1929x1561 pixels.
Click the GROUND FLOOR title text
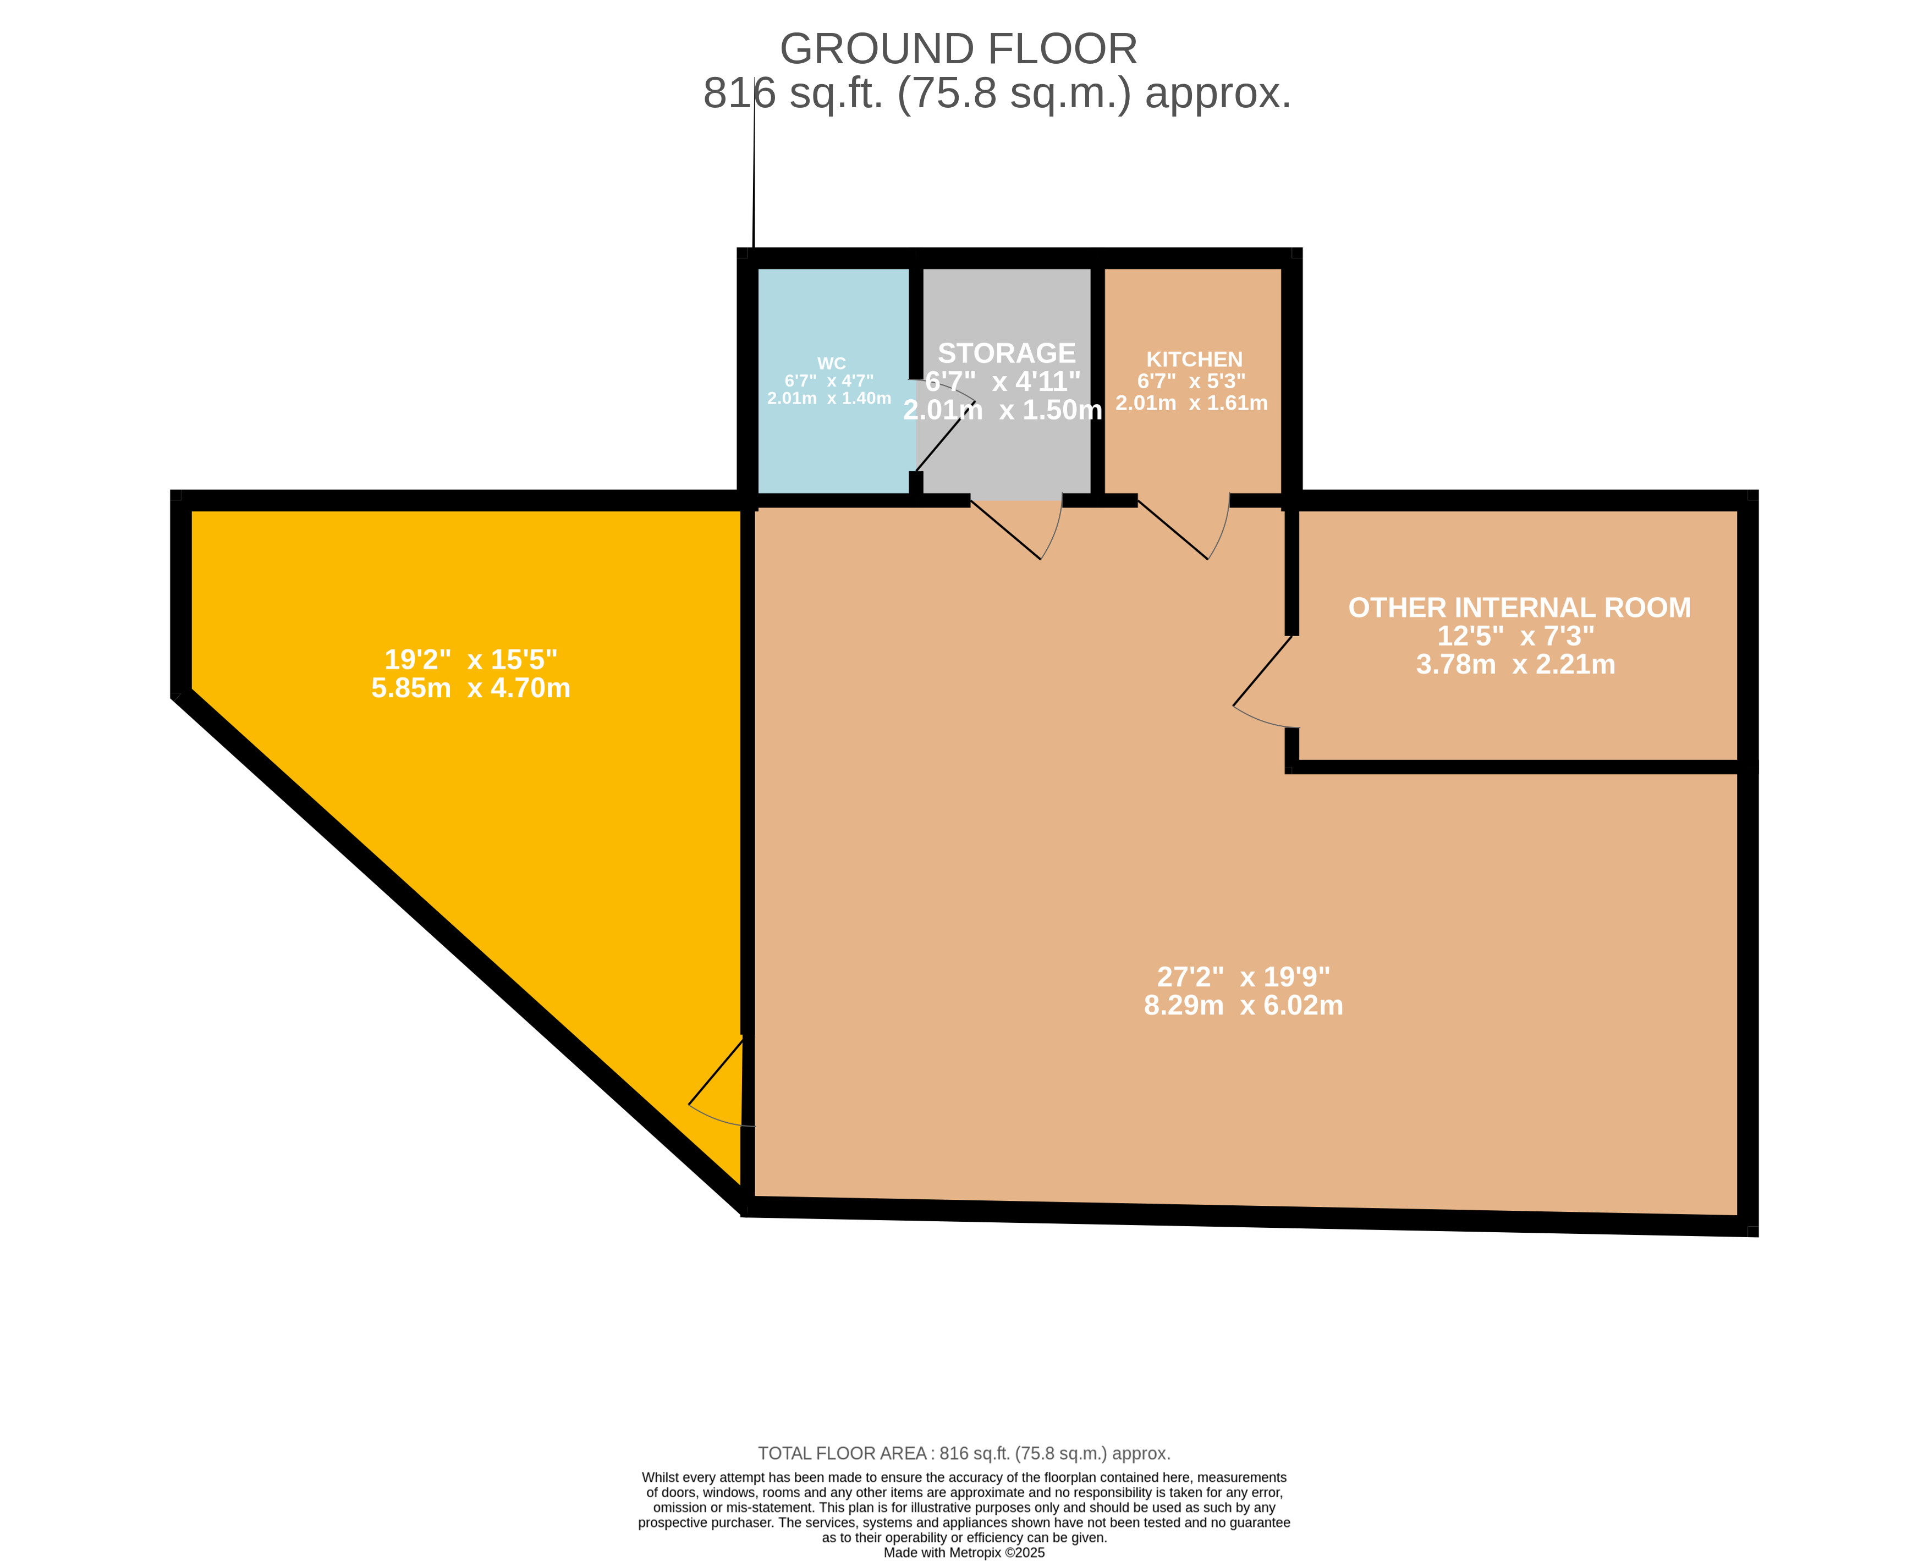click(959, 48)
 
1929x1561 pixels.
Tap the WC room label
click(831, 363)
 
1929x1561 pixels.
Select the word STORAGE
click(1007, 352)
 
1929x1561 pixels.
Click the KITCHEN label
click(1194, 360)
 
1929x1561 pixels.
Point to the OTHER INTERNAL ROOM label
click(1519, 608)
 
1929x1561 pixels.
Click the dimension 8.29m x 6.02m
click(1243, 1005)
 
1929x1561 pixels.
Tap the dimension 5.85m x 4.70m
click(470, 688)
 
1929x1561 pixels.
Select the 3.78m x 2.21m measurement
click(1515, 665)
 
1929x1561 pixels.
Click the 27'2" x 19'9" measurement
click(1243, 977)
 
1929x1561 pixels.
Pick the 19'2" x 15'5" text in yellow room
click(470, 659)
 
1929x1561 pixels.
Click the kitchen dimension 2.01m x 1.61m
click(1191, 403)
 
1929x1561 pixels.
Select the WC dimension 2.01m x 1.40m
click(829, 398)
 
